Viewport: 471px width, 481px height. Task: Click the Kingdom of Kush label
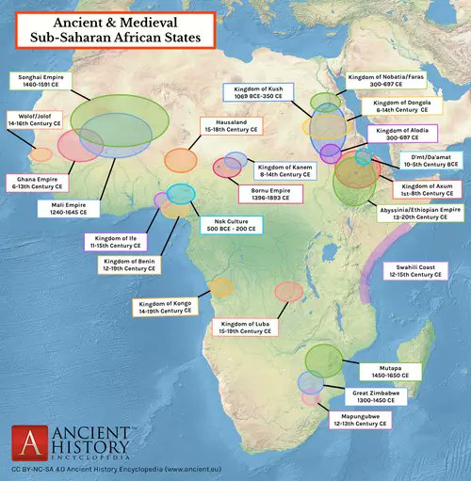point(257,92)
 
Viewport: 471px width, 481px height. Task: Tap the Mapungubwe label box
point(359,421)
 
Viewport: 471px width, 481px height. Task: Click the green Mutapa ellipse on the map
point(325,360)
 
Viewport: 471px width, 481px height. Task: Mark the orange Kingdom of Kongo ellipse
point(220,286)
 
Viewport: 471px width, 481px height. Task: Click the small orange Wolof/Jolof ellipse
point(41,154)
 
